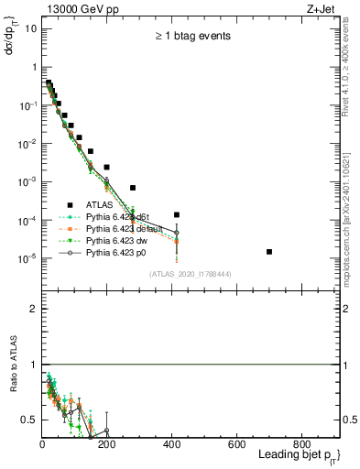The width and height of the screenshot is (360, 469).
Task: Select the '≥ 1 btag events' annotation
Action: tap(191, 37)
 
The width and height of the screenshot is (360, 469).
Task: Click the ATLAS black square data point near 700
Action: tap(269, 251)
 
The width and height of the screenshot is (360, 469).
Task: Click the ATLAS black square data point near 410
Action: tap(177, 214)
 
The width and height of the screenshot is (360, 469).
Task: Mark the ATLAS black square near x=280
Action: tap(133, 188)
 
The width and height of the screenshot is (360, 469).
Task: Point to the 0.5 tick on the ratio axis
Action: tap(30, 420)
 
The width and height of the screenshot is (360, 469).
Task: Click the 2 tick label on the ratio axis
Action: tap(33, 309)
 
